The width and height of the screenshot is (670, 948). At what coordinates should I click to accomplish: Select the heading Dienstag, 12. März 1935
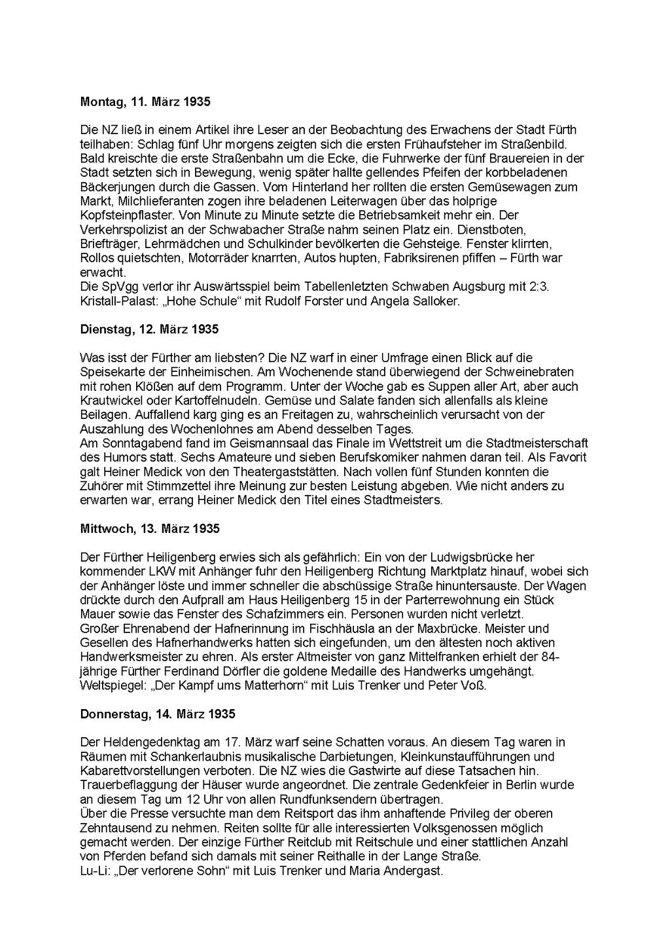[x=149, y=329]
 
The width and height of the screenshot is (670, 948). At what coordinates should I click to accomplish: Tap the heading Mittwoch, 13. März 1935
[x=149, y=528]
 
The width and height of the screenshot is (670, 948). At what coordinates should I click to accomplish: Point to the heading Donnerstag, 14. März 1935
[x=157, y=714]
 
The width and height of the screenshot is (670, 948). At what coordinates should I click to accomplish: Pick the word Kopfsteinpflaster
[x=121, y=215]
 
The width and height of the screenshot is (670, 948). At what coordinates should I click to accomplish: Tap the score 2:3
[x=537, y=287]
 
